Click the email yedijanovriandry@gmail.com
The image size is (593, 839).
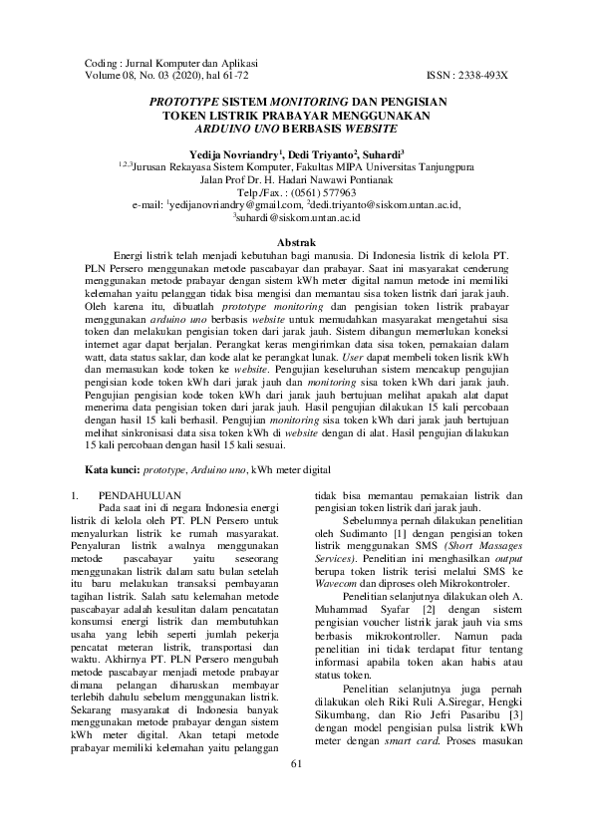pyautogui.click(x=250, y=204)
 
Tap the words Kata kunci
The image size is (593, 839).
pyautogui.click(x=110, y=468)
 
